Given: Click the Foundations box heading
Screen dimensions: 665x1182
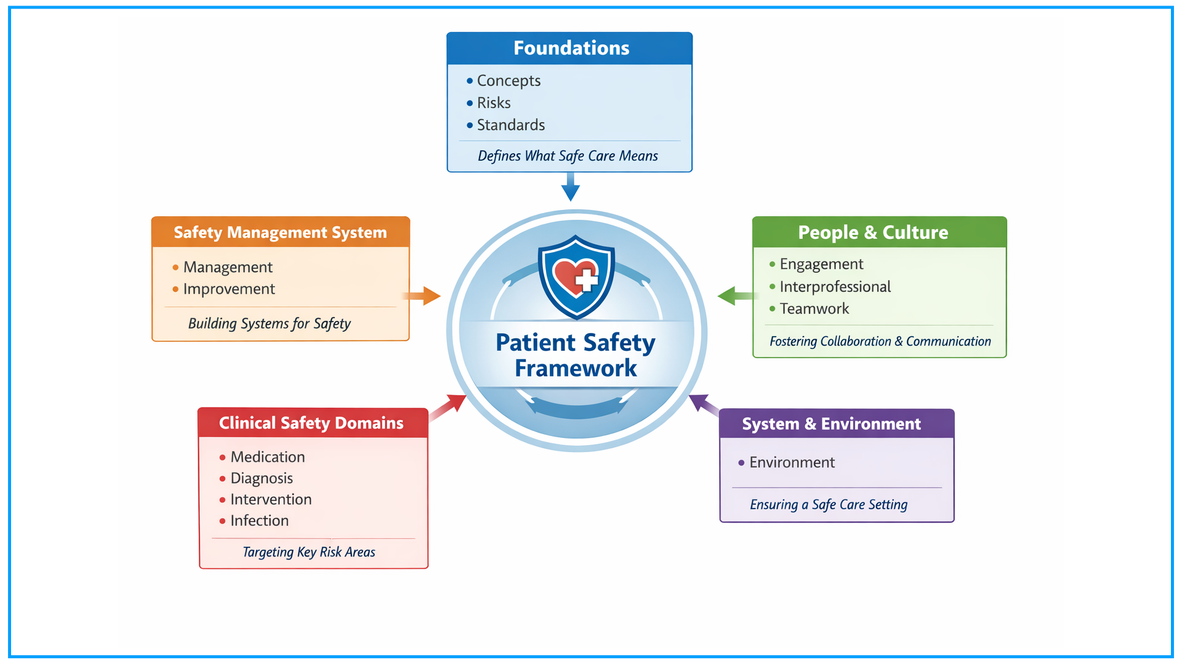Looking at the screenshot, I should pyautogui.click(x=571, y=48).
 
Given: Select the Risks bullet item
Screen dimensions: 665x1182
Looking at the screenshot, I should pyautogui.click(x=494, y=103).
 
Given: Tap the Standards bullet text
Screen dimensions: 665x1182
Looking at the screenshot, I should pyautogui.click(x=511, y=125).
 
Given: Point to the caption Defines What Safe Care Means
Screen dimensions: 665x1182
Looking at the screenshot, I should pyautogui.click(x=568, y=156).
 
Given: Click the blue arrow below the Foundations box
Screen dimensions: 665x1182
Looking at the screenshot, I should pyautogui.click(x=571, y=187).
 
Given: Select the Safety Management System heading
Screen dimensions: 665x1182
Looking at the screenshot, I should pyautogui.click(x=280, y=233).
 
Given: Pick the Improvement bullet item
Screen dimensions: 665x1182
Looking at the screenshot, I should pyautogui.click(x=229, y=289).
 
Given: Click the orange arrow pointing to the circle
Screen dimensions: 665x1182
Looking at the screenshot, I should pyautogui.click(x=424, y=296).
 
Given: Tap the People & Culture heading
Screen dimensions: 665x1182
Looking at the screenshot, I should pyautogui.click(x=873, y=233).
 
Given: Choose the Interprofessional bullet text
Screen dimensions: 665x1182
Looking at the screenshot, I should pyautogui.click(x=835, y=287).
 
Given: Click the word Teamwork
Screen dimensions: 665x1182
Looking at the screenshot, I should pyautogui.click(x=814, y=309).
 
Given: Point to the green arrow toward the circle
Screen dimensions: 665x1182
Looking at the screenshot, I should pyautogui.click(x=735, y=296).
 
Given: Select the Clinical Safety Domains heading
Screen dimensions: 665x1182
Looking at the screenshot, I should pyautogui.click(x=312, y=423).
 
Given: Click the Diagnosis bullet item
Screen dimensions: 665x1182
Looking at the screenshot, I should pyautogui.click(x=262, y=478).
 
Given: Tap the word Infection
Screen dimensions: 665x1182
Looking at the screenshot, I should pyautogui.click(x=259, y=521).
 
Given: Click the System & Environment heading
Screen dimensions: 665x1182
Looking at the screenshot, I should pyautogui.click(x=831, y=424).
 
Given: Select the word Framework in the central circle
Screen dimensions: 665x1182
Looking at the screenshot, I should pyautogui.click(x=576, y=368).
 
